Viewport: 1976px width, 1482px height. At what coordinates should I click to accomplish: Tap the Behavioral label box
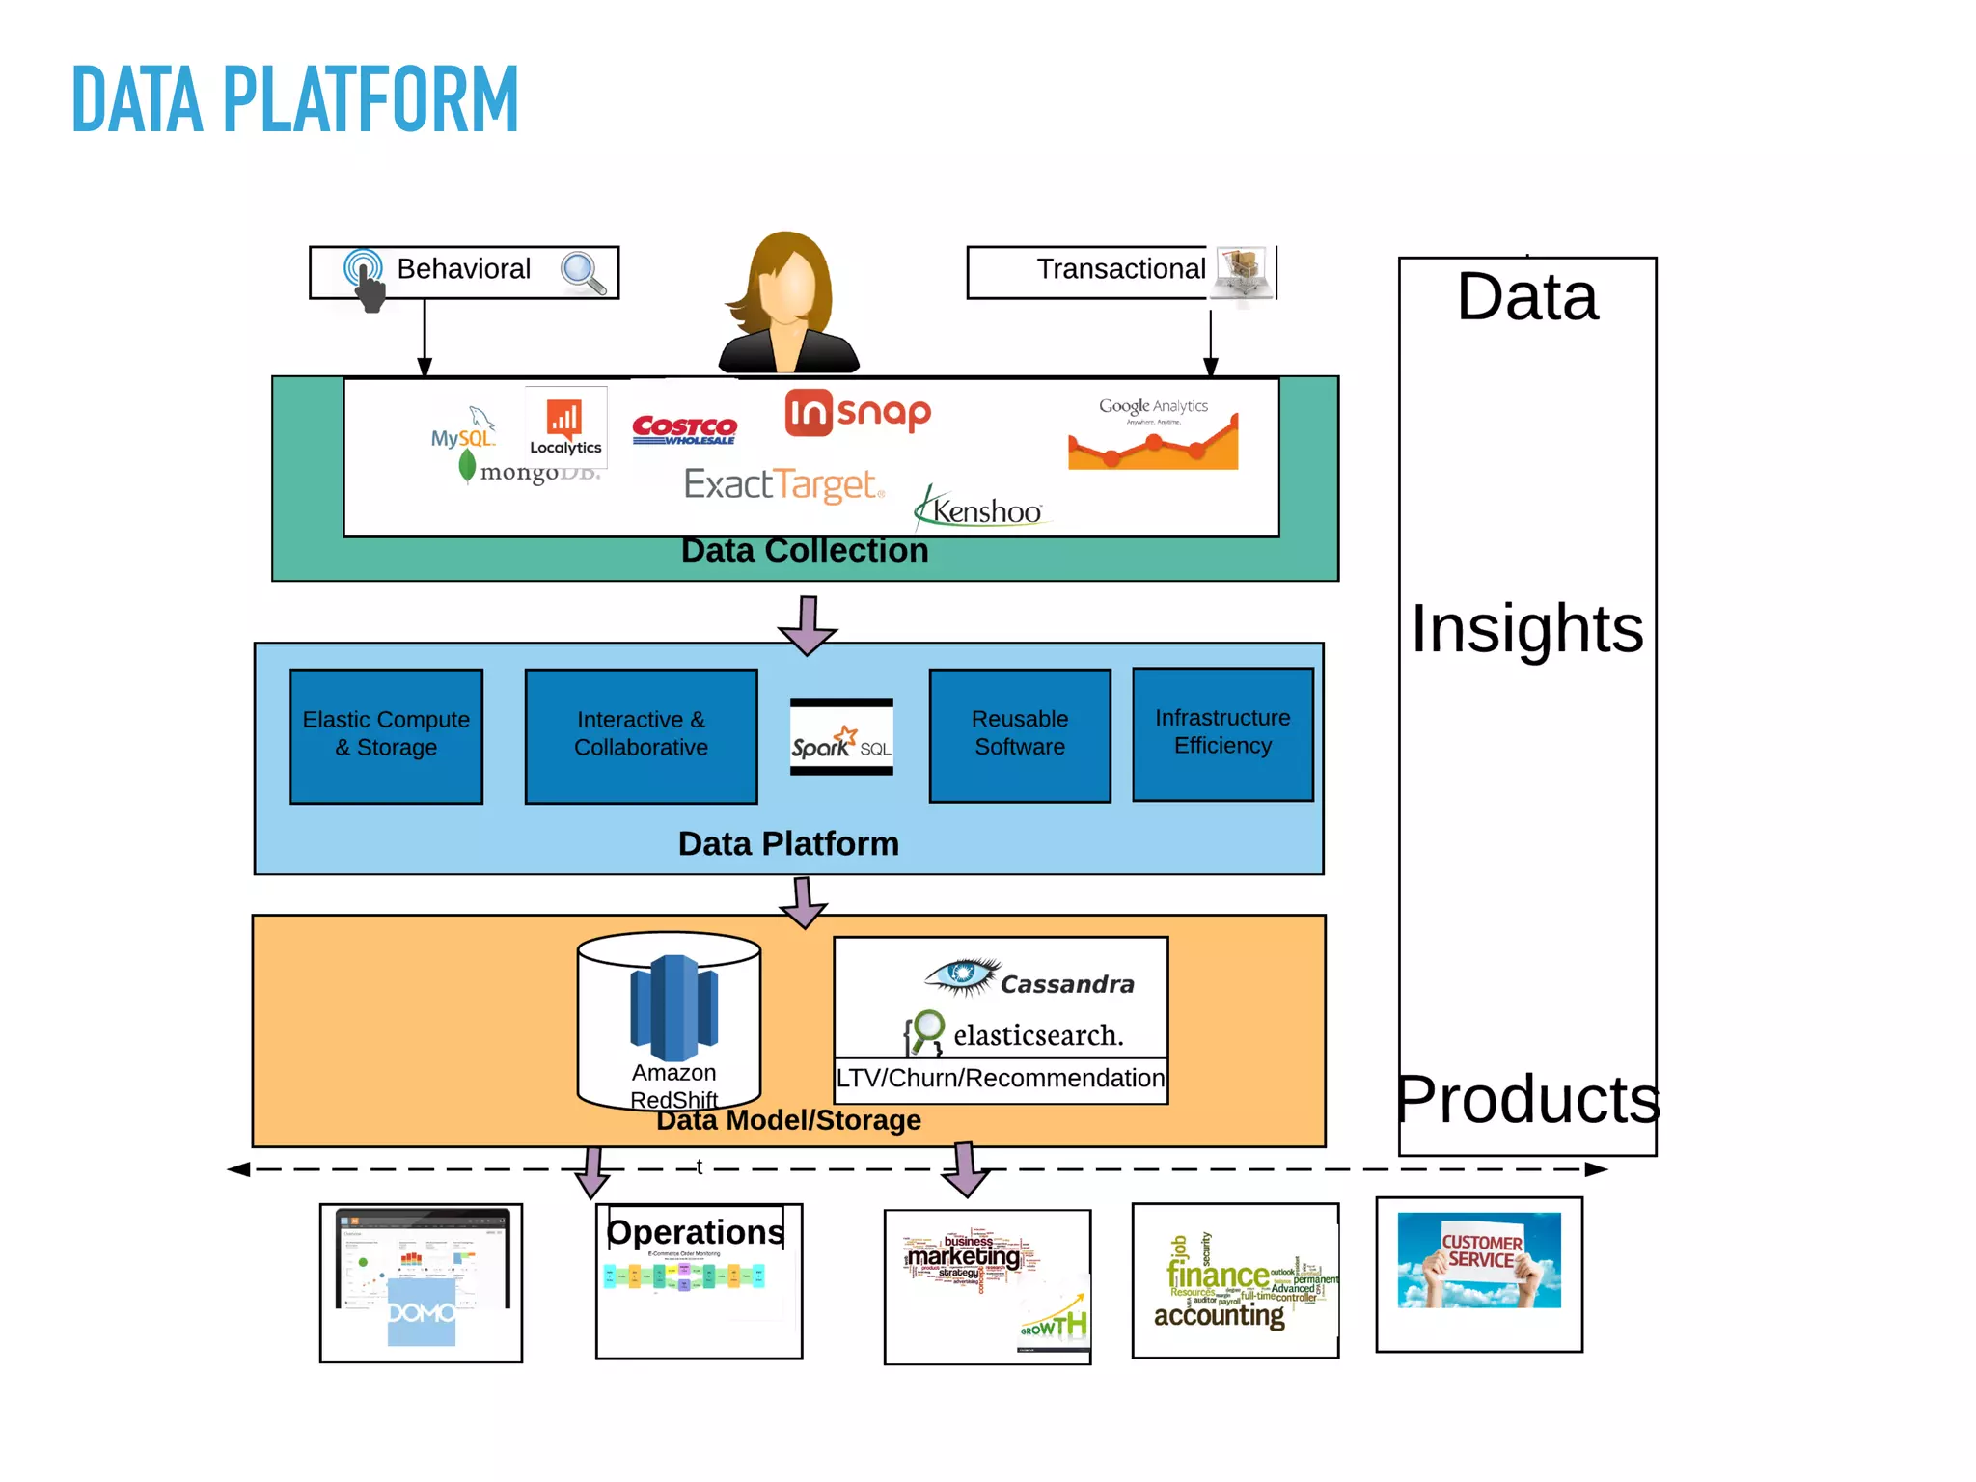(464, 270)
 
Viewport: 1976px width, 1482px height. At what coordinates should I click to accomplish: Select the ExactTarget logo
(783, 484)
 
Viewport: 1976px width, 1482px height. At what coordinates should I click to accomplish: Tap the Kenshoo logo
(979, 509)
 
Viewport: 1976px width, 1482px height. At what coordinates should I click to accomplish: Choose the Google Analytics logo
(1153, 434)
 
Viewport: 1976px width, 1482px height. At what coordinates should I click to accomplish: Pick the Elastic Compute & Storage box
(386, 735)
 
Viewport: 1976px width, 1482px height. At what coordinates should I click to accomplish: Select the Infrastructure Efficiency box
(1222, 733)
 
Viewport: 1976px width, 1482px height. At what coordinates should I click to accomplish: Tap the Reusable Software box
(1020, 734)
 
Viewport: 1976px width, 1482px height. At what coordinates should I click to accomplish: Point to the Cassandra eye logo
(961, 975)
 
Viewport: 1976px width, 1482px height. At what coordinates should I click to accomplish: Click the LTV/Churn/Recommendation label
(1001, 1079)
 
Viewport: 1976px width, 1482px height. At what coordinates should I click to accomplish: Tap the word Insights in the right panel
(1527, 629)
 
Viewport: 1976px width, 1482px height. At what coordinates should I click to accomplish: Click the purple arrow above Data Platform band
(808, 625)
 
